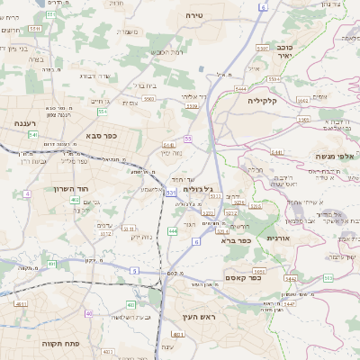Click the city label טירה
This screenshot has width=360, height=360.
tap(195, 16)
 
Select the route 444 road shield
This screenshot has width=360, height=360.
tap(172, 231)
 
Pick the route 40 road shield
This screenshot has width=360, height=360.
tap(88, 313)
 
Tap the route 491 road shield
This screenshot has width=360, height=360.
tap(52, 264)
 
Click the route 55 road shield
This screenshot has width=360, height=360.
tap(188, 139)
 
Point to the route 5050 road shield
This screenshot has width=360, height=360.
tap(258, 270)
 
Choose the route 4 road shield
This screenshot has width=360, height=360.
tap(27, 193)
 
